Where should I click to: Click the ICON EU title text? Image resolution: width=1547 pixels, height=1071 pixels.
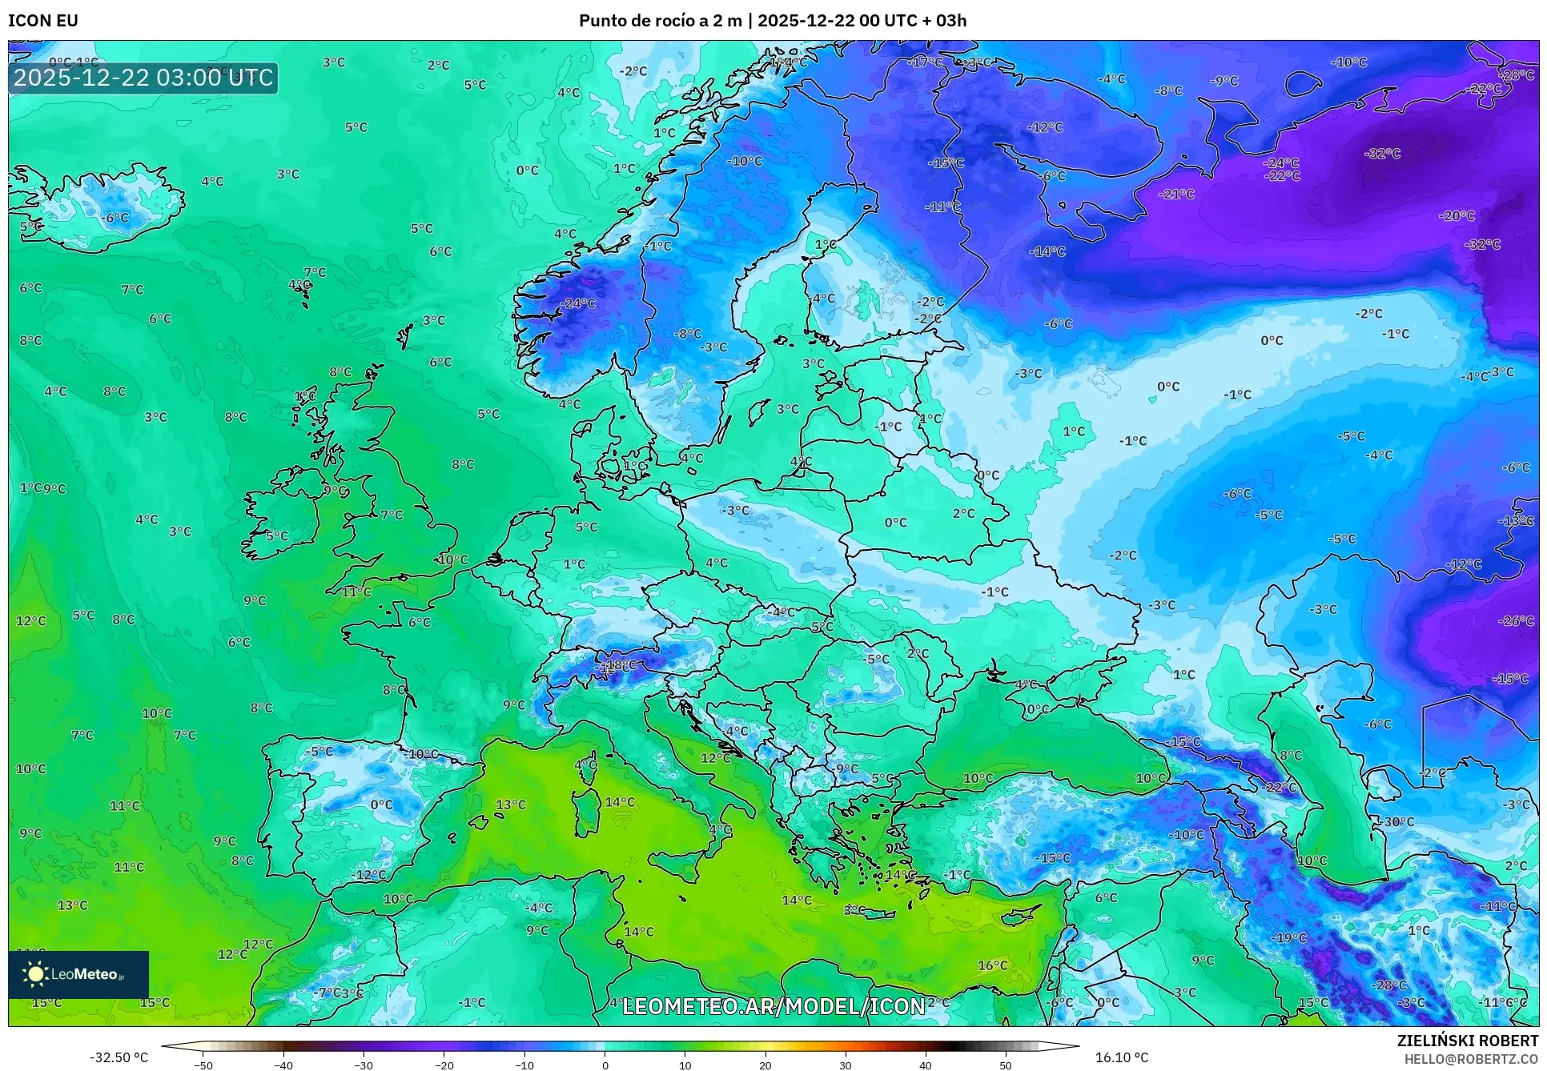point(43,21)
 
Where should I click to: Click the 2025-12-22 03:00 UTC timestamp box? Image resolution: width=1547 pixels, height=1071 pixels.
point(143,78)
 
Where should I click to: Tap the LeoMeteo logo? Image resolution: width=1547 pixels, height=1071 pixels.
point(78,974)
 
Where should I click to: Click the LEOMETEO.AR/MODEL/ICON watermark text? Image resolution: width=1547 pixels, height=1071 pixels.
point(773,1006)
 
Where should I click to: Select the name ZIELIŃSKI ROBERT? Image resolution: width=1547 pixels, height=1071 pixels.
point(1467,1041)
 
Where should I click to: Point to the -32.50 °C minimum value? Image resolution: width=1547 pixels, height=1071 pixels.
point(119,1057)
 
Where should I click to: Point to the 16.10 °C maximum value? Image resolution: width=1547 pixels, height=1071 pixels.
point(1121,1057)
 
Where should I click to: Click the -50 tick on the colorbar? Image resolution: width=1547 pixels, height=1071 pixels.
point(203,1065)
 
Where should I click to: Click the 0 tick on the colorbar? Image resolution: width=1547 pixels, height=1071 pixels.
point(605,1065)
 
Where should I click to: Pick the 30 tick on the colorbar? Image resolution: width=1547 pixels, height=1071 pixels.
point(846,1065)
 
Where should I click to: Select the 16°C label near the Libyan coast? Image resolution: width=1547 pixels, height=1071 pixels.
point(992,965)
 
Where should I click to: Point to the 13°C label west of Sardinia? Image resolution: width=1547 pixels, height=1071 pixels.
point(511,804)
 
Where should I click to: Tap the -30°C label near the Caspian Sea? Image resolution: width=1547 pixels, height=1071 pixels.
point(1398,822)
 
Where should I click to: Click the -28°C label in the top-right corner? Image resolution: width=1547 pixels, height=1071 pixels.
point(1517,75)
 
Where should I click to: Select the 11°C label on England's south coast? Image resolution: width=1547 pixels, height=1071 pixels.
point(356,592)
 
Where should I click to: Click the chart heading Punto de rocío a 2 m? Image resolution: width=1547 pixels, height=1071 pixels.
point(661,21)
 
